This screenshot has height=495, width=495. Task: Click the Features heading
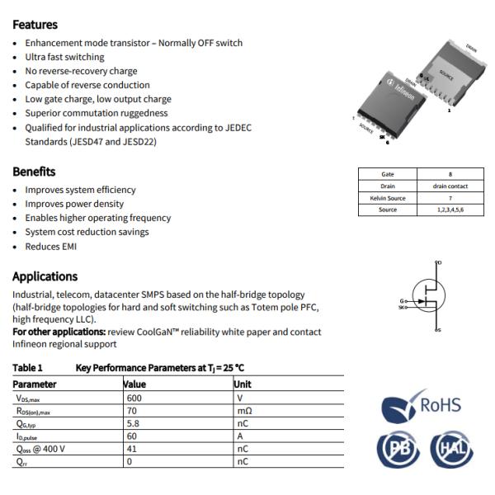pyautogui.click(x=35, y=25)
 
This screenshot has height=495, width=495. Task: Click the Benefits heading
pyautogui.click(x=34, y=172)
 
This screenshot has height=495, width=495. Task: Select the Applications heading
pyautogui.click(x=45, y=276)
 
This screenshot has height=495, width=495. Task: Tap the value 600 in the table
pyautogui.click(x=134, y=398)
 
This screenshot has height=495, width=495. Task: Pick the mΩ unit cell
pyautogui.click(x=243, y=410)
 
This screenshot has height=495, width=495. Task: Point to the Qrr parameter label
pyautogui.click(x=22, y=462)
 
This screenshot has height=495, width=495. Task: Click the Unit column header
pyautogui.click(x=243, y=384)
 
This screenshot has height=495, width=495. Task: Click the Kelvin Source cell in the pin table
pyautogui.click(x=388, y=198)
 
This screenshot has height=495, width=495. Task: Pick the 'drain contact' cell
pyautogui.click(x=450, y=186)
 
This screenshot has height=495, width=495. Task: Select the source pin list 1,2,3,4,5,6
pyautogui.click(x=450, y=210)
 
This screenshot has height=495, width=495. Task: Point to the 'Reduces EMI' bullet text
pyautogui.click(x=51, y=246)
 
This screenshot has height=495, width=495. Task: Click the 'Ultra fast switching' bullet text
pyautogui.click(x=64, y=57)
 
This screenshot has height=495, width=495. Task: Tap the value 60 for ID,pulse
pyautogui.click(x=130, y=436)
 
